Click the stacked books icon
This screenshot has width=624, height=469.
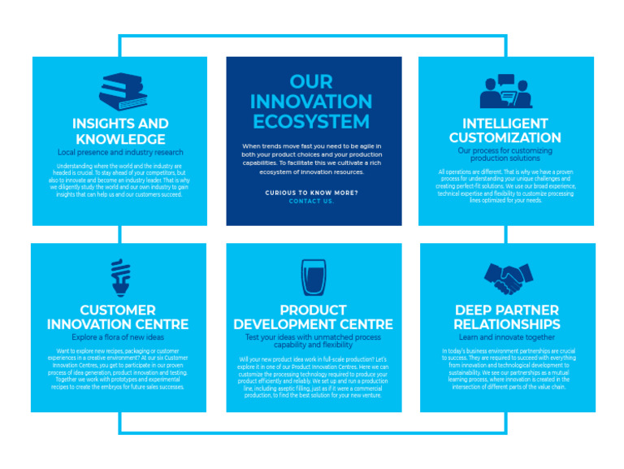pos(123,91)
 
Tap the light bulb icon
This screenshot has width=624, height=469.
pos(120,277)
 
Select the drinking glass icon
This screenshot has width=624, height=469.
pos(313,278)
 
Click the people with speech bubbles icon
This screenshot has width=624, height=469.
pos(505,91)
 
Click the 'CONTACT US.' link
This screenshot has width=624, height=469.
pos(311,201)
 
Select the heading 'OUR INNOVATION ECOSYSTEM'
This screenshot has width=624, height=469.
pos(311,102)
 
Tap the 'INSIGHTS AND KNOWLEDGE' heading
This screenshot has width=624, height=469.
pos(120,132)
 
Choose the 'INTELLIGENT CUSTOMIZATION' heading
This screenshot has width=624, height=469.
pos(505,131)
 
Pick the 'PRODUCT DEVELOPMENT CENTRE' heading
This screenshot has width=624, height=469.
pos(314,317)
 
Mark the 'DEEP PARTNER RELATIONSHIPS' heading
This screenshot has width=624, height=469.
pos(507,317)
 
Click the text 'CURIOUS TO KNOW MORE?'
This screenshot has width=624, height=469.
pos(311,193)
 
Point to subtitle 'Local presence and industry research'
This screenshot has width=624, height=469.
pos(120,152)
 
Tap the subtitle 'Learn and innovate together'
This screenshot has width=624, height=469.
pos(507,337)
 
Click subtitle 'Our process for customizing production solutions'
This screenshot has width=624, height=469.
pos(505,154)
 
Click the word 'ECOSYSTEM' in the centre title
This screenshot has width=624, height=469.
pos(311,122)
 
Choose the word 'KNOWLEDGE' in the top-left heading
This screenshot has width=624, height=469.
pos(120,139)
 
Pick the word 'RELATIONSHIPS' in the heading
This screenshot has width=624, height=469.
pos(507,324)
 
